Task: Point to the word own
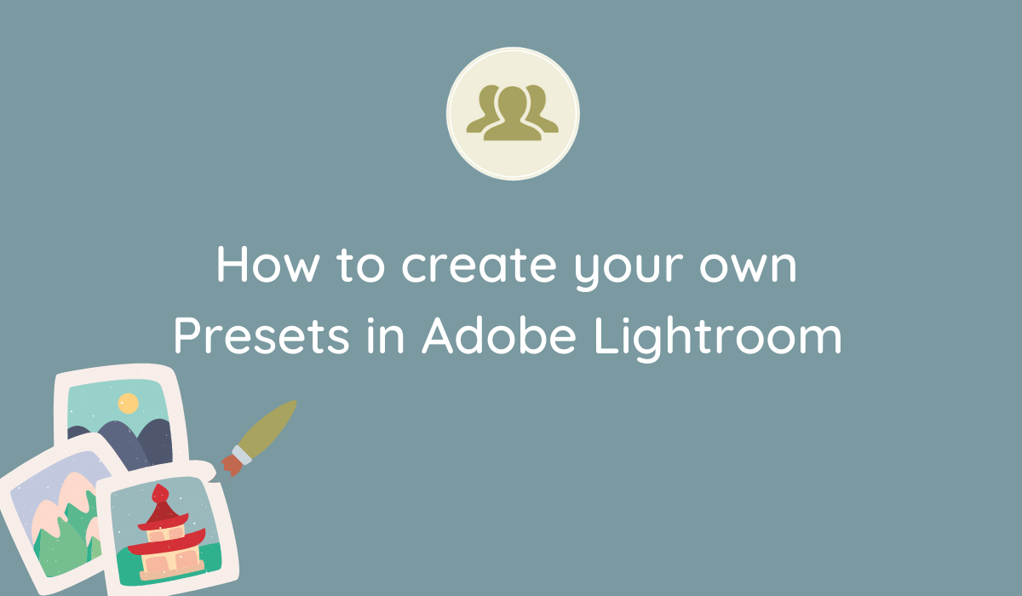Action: click(755, 267)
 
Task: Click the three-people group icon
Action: click(513, 112)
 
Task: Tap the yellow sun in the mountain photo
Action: click(128, 403)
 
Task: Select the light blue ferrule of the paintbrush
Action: click(243, 454)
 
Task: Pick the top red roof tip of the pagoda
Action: click(158, 492)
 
